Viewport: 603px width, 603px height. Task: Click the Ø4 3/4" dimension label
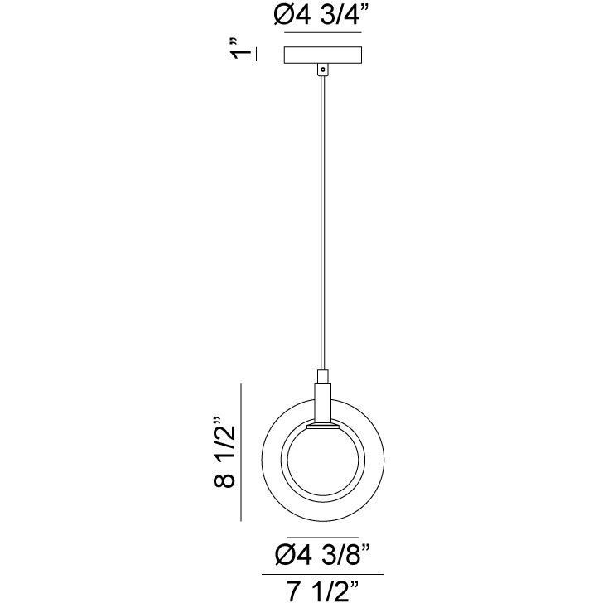(x=317, y=16)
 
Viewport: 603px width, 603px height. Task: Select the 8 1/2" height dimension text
(x=224, y=452)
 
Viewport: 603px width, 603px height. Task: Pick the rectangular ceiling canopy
(x=323, y=55)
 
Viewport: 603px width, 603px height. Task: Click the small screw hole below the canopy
(x=323, y=70)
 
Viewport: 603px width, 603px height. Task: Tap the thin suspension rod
(x=323, y=223)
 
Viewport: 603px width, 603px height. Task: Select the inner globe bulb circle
(x=323, y=464)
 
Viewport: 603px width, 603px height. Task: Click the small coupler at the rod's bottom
(x=323, y=377)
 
